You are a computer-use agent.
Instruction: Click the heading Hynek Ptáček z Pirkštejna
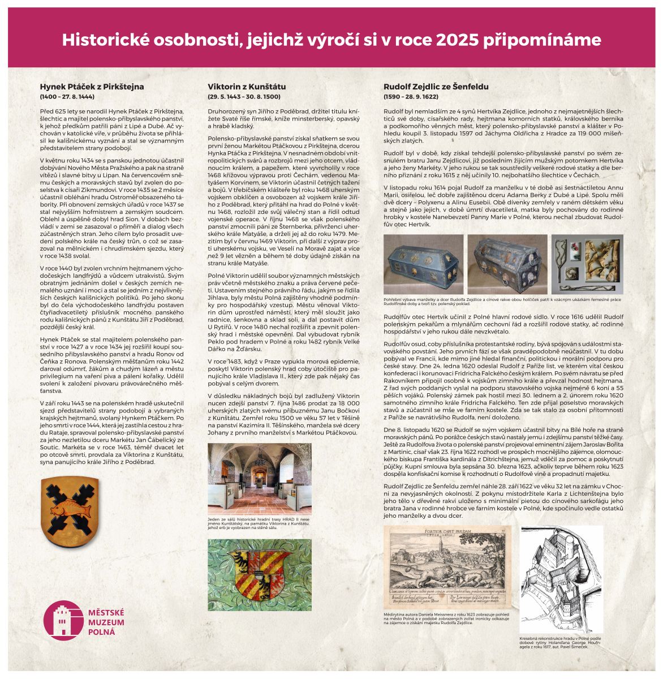click(92, 87)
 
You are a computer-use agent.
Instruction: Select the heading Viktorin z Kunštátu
click(247, 87)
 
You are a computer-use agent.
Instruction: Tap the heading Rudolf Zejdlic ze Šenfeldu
click(436, 87)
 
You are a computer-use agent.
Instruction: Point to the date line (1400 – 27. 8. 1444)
click(67, 97)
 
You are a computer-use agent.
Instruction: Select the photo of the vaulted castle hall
click(260, 479)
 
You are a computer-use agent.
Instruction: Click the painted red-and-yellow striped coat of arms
click(260, 574)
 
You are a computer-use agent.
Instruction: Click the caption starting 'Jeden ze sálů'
click(260, 524)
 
